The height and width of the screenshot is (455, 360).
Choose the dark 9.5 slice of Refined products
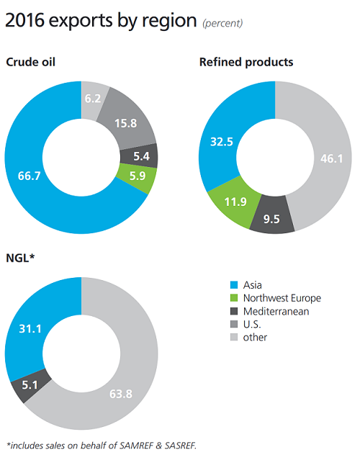tap(272, 218)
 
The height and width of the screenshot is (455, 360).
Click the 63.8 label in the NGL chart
tap(128, 393)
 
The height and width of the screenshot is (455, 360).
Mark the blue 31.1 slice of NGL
tap(28, 329)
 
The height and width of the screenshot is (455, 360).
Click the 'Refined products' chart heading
tap(246, 62)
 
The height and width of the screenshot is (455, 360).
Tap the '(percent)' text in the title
tap(221, 23)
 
